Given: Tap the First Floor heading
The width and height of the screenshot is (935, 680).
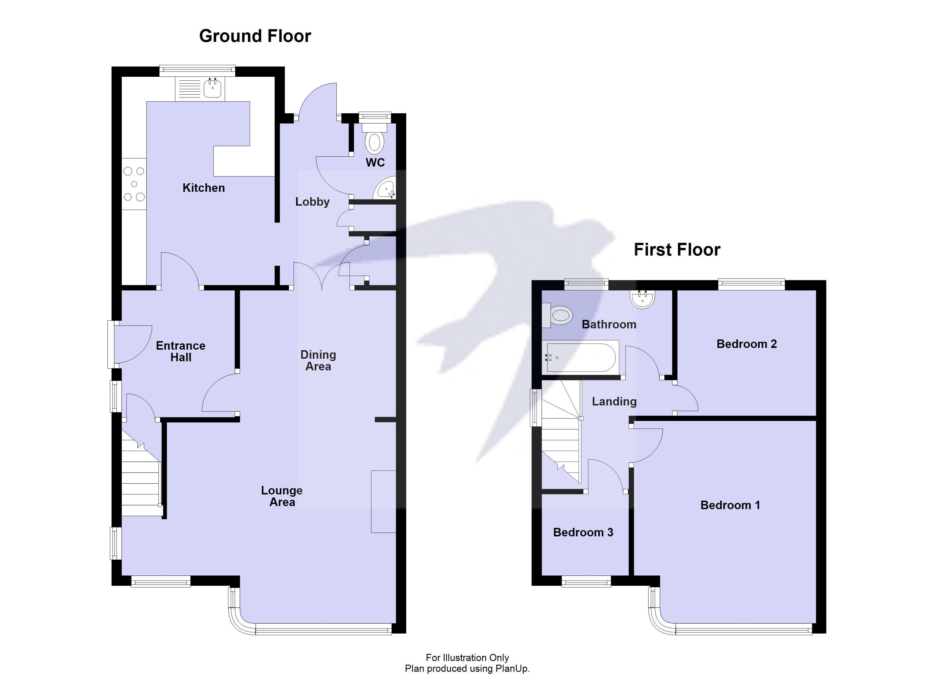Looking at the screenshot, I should pyautogui.click(x=677, y=250).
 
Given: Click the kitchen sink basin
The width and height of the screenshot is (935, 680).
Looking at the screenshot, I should pyautogui.click(x=213, y=88).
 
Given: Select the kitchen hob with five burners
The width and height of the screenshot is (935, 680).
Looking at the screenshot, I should pyautogui.click(x=134, y=184).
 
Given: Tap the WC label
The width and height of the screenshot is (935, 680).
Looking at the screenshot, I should pyautogui.click(x=375, y=162).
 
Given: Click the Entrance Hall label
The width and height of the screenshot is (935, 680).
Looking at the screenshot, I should pyautogui.click(x=180, y=351).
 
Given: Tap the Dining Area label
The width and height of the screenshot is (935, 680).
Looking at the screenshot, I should pyautogui.click(x=318, y=360).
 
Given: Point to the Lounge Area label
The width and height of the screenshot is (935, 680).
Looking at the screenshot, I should pyautogui.click(x=282, y=496).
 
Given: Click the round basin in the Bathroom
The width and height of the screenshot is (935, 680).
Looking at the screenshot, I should pyautogui.click(x=642, y=299).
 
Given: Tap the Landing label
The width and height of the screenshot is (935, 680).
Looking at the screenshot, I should pyautogui.click(x=614, y=401).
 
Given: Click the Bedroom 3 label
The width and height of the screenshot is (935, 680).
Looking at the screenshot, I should pyautogui.click(x=583, y=532).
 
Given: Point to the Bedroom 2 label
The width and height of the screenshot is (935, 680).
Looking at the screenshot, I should pyautogui.click(x=746, y=344).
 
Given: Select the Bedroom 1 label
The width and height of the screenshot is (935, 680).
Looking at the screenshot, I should pyautogui.click(x=730, y=505).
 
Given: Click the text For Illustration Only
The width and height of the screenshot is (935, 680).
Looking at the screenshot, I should pyautogui.click(x=467, y=658).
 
